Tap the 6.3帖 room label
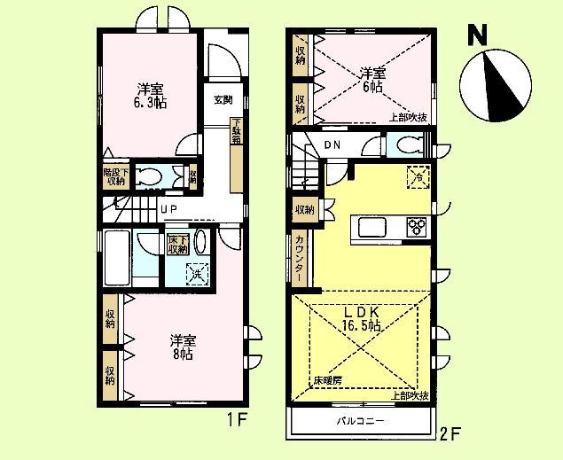tap(150, 96)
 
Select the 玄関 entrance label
tap(222, 99)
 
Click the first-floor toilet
tap(152, 176)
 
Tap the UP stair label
tap(169, 210)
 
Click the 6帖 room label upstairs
tap(371, 80)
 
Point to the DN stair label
tap(332, 146)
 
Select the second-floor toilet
tap(407, 145)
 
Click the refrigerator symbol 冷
tap(418, 177)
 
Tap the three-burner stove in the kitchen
tap(416, 227)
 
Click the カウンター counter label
tap(300, 255)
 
